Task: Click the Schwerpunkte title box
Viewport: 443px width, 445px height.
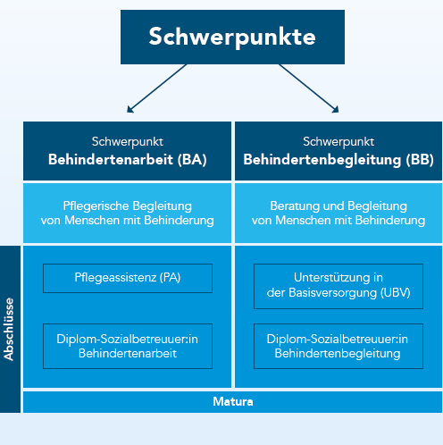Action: point(232,37)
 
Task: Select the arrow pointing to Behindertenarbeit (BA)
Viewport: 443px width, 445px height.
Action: point(157,88)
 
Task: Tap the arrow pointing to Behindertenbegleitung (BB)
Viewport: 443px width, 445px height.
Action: point(309,88)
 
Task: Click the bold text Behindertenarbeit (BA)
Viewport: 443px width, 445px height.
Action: point(128,160)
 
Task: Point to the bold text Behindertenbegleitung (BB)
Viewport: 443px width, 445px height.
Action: point(339,160)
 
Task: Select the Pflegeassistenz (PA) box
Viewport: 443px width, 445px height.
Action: point(128,278)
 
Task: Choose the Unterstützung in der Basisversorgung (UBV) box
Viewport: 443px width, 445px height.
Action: point(339,286)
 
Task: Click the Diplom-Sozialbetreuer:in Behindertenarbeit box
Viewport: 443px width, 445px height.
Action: point(128,346)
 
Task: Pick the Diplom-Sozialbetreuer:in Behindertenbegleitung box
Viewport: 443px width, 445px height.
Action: point(339,346)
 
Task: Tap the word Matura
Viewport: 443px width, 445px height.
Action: point(233,401)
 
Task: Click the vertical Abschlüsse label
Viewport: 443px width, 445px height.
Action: point(9,329)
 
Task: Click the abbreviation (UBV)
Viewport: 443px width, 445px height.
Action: point(396,293)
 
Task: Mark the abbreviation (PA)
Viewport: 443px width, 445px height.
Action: point(170,278)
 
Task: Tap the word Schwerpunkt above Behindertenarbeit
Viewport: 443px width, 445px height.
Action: point(128,141)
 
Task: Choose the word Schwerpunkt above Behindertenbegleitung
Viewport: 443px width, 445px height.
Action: point(339,141)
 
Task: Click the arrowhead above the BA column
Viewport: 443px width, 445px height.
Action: point(130,110)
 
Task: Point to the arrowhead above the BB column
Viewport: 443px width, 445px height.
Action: point(336,110)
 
